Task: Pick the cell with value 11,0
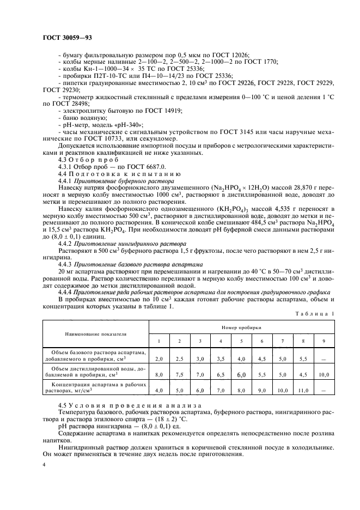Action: (303, 391)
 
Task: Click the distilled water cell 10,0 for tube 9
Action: (324, 375)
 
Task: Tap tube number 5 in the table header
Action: (241, 341)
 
